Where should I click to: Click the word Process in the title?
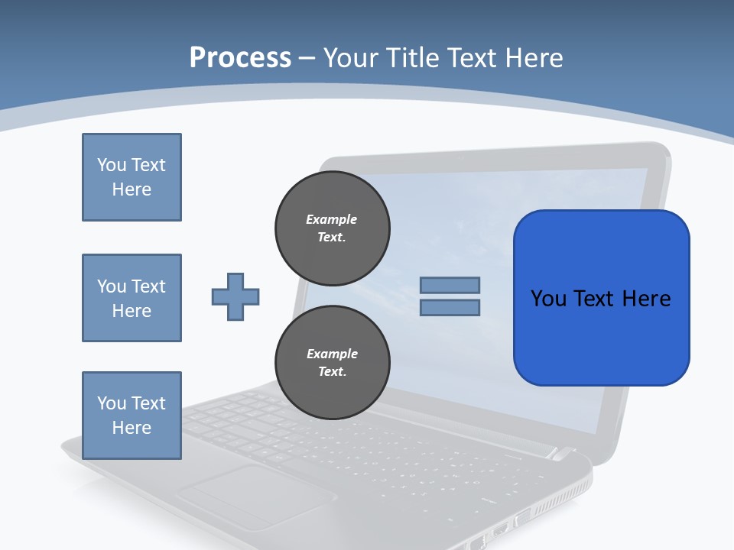[x=240, y=57]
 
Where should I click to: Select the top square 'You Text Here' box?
[x=132, y=177]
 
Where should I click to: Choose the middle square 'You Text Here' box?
[x=132, y=298]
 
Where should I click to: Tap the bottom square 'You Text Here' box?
[x=132, y=416]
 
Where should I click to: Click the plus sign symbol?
[x=235, y=296]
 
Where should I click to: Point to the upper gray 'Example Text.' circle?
[x=332, y=228]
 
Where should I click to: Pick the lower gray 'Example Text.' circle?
[x=332, y=363]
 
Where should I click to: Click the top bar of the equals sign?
[x=450, y=285]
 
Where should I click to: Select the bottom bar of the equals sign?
[x=450, y=308]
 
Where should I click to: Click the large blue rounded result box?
[x=601, y=298]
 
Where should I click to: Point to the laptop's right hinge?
[x=562, y=454]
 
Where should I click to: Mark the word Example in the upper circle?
[x=332, y=219]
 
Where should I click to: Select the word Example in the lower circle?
[x=332, y=354]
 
